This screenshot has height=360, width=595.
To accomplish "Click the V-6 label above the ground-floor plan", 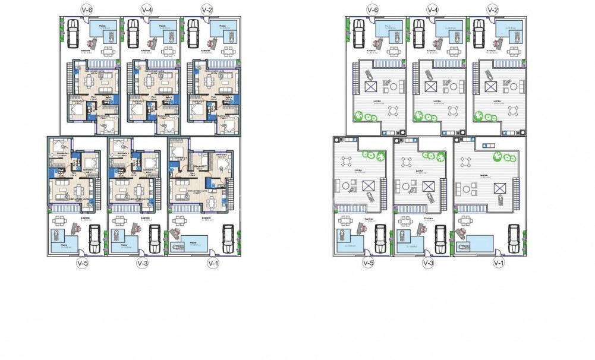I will pyautogui.click(x=87, y=10).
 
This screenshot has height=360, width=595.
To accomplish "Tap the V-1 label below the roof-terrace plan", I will pyautogui.click(x=498, y=263).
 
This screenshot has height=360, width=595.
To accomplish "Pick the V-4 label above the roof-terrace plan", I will pyautogui.click(x=432, y=10).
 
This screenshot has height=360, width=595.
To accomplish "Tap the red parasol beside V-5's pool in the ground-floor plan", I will pyautogui.click(x=56, y=236).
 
